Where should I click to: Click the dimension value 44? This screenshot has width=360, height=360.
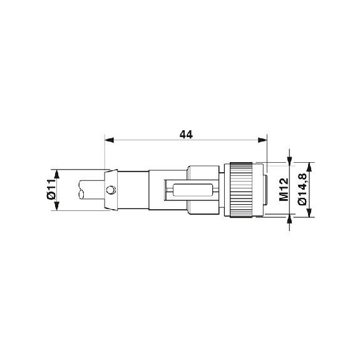click(186, 134)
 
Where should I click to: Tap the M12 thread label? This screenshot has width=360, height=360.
click(283, 189)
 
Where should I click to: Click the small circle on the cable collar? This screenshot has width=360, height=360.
click(111, 190)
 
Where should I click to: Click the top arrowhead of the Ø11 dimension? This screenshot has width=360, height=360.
click(57, 173)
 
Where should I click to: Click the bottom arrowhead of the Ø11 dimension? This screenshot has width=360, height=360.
click(57, 207)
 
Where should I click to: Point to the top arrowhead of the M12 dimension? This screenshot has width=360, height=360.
click(289, 159)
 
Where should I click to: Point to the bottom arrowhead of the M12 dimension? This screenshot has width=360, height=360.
click(289, 220)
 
